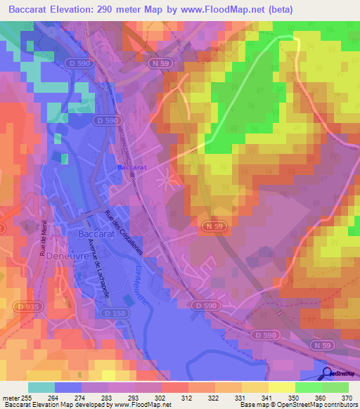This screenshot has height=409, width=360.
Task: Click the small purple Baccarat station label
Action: pos(131,168)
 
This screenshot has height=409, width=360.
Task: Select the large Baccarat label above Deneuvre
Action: pos(96,233)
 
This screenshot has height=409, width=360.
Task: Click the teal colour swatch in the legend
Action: pos(41,387)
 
